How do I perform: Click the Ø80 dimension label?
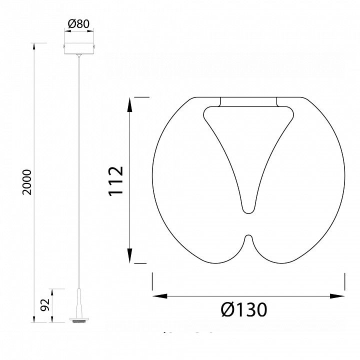click(78, 23)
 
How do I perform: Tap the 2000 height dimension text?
click(26, 182)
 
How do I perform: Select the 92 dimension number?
click(45, 305)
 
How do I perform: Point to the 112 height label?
click(116, 181)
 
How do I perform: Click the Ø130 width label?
click(244, 309)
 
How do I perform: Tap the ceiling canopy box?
click(79, 48)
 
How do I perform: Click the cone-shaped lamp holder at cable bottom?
click(79, 303)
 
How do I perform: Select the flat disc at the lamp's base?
click(79, 319)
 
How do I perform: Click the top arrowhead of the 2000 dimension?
click(34, 45)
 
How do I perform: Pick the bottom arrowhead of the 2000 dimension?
click(34, 319)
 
